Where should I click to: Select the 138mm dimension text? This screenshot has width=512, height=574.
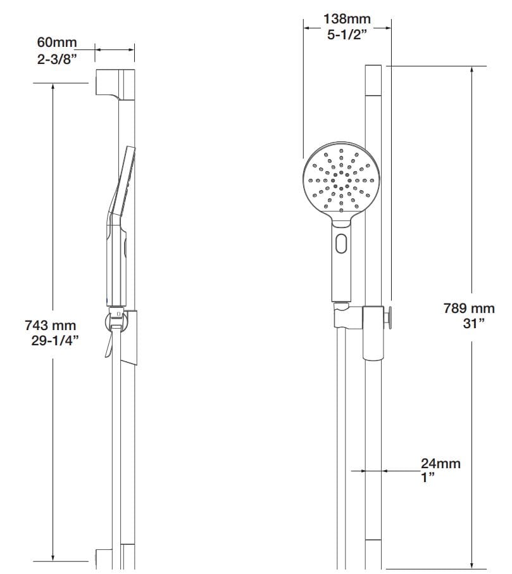[x=346, y=19]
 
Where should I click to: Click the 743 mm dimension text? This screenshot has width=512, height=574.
[x=50, y=326]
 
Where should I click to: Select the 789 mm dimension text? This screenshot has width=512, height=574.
[x=468, y=309]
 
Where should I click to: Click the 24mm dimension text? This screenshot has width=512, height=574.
[x=440, y=464]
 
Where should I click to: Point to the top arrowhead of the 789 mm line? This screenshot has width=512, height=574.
[x=471, y=70]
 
